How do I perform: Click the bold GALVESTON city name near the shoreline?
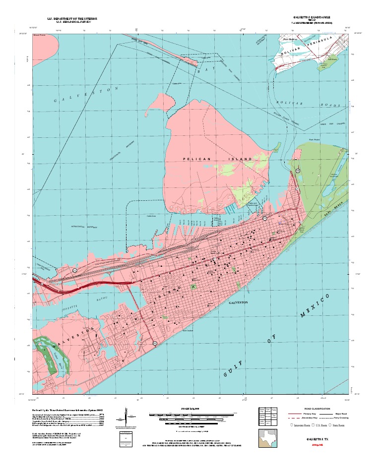[x=238, y=302]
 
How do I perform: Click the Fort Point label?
[x=314, y=140]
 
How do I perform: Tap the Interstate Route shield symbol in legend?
[x=291, y=425]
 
